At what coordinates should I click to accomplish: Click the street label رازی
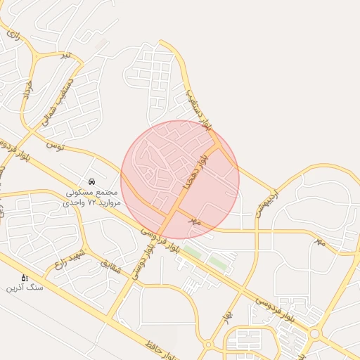coord(13,33)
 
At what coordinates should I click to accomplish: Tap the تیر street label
coord(65,55)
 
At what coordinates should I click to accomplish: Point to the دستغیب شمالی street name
coord(57,106)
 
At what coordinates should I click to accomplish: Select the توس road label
coord(55,146)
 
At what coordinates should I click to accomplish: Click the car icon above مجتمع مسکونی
coord(92,181)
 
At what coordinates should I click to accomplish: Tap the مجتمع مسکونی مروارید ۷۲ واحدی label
coord(94,197)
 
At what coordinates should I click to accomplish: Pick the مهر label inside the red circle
coord(195,221)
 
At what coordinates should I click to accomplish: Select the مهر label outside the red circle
coord(319,241)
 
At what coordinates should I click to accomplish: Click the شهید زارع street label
coord(70,260)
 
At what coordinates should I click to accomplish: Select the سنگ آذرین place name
coord(25,288)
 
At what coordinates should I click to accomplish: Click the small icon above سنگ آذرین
coord(25,278)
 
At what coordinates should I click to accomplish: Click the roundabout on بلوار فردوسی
coord(314,334)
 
